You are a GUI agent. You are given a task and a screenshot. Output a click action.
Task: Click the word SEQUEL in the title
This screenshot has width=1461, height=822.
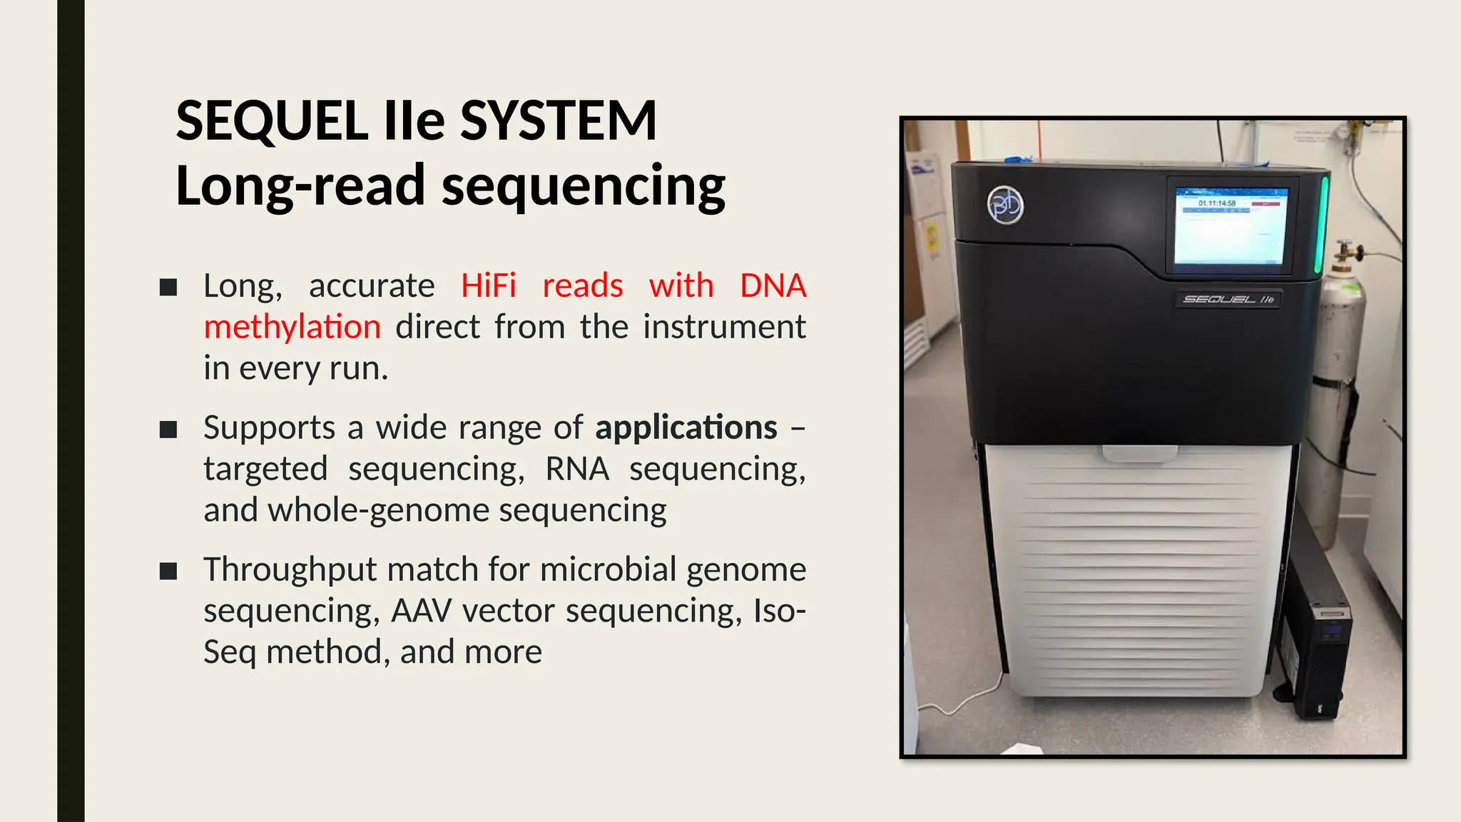272,121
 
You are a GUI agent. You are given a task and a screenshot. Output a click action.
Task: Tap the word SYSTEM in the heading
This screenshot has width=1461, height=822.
558,121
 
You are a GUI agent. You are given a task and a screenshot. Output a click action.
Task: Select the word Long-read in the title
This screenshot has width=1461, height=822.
300,186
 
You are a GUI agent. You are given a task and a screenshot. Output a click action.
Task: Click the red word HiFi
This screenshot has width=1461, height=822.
488,286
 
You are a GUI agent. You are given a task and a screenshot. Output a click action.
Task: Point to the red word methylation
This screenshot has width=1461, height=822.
292,328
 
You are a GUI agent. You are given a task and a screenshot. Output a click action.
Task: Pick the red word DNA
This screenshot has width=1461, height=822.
773,286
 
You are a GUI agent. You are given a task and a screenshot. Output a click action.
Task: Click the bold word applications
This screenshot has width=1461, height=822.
686,428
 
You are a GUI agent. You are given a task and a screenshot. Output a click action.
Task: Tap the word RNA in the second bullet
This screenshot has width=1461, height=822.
577,470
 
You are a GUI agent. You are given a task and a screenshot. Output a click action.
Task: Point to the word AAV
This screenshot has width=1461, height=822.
422,612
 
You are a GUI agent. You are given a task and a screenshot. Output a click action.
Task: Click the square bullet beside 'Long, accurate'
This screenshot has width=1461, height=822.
168,288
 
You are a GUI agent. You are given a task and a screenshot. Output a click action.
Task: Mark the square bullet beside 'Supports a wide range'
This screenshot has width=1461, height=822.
168,430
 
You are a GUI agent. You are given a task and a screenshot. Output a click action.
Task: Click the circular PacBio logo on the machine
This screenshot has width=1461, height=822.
1005,205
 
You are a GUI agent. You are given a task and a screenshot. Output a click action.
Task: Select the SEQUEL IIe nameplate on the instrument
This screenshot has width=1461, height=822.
1228,299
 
